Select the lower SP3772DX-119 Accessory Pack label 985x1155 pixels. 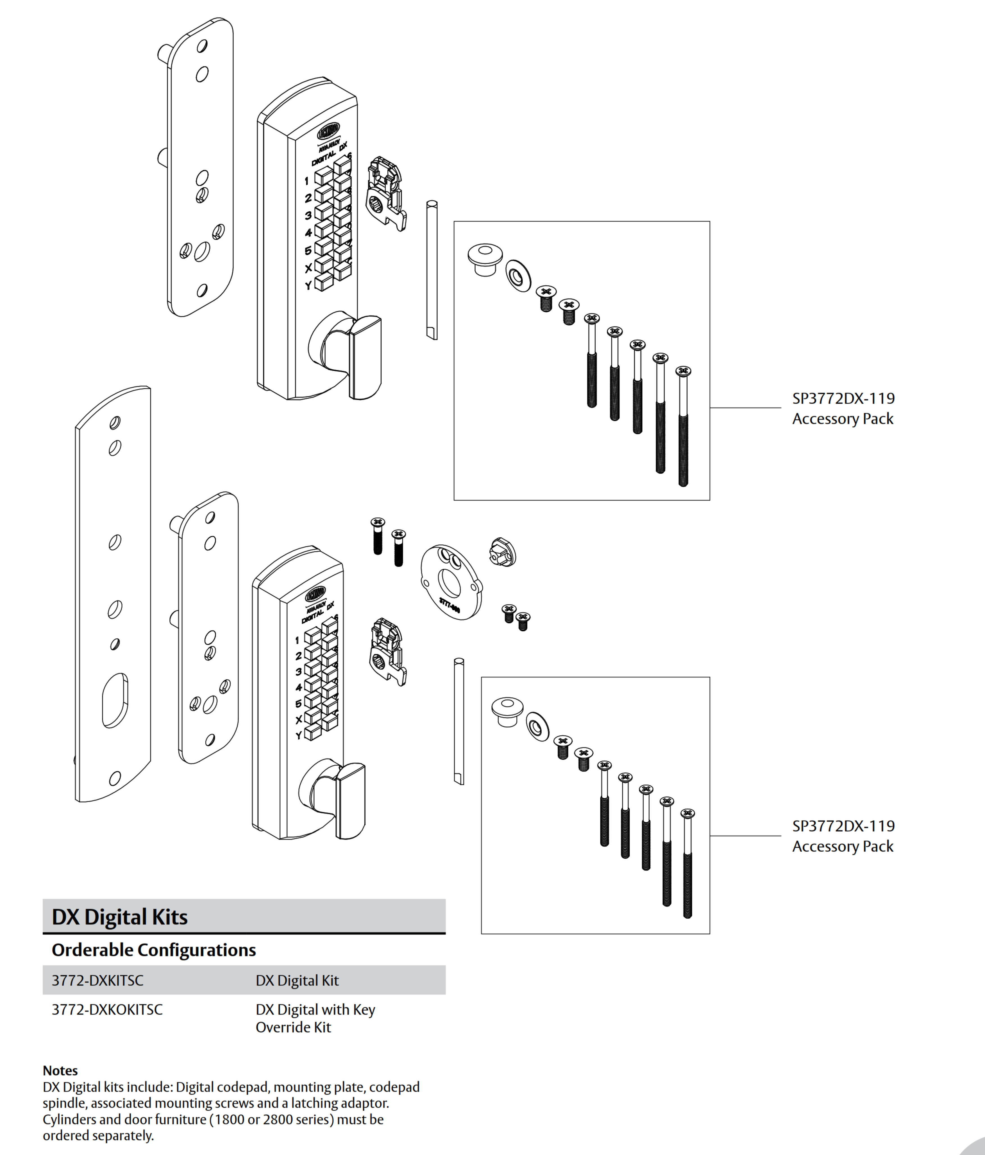point(843,836)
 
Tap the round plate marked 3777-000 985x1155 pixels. point(450,583)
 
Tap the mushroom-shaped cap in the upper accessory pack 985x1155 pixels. point(484,258)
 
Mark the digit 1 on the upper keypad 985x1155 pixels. point(306,181)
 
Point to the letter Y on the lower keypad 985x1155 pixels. point(298,735)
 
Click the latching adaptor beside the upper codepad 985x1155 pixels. point(386,192)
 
